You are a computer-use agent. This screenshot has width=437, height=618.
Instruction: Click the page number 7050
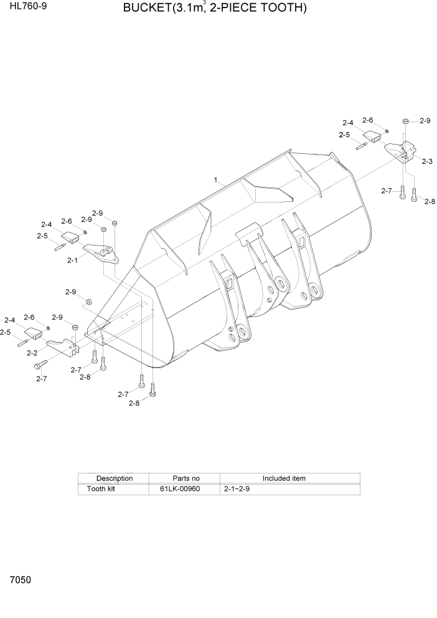coord(20,580)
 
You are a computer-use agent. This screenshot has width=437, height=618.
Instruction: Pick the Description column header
coord(114,478)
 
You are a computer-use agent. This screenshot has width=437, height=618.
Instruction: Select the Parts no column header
coord(183,478)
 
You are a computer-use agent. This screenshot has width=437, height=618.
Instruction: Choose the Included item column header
coord(283,478)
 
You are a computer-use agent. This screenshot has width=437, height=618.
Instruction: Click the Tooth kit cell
coord(101,489)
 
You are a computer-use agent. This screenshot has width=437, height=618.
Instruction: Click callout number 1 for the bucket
coord(215,180)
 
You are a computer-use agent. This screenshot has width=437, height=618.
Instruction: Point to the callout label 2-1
coord(72,260)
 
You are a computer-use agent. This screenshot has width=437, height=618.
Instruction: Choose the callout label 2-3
coord(427,161)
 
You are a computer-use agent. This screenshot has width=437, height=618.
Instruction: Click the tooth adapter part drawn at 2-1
coord(101,253)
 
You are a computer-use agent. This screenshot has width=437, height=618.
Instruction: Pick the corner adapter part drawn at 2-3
coord(399,151)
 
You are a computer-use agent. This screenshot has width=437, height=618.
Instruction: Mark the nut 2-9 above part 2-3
coord(406,121)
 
